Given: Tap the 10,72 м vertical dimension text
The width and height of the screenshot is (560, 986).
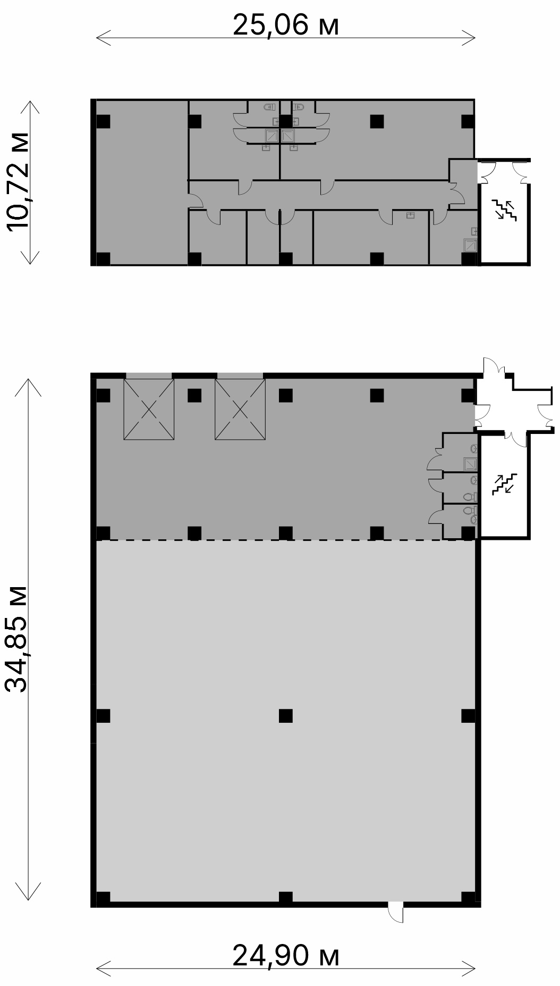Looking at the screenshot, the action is coord(20,181).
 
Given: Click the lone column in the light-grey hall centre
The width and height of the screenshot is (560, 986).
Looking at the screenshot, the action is coord(286,715).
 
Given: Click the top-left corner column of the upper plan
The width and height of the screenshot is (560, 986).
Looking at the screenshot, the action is coord(103,121).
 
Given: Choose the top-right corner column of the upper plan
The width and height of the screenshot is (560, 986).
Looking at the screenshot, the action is coord(468,121).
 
